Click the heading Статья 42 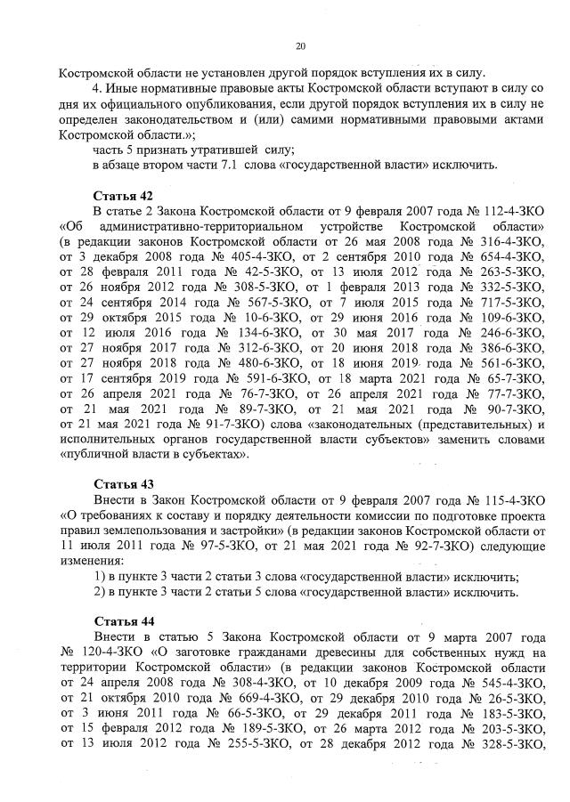click(x=123, y=194)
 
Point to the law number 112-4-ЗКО click(x=509, y=210)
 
